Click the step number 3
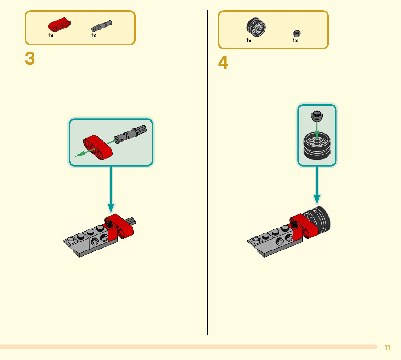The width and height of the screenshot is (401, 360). point(30,59)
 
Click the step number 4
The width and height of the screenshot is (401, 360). point(223,64)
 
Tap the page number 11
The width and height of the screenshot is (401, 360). point(387,347)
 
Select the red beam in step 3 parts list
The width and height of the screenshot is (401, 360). point(58,24)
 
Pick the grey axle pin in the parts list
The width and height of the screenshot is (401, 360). point(102,25)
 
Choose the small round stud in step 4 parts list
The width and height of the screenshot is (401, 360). point(297,33)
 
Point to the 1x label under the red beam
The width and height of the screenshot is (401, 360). point(50,36)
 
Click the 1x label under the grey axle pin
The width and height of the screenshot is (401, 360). point(94,36)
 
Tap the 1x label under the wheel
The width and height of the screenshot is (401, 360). point(249,41)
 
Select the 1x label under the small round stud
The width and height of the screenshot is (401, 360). point(295,41)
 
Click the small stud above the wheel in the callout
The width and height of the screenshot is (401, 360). point(317,116)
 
